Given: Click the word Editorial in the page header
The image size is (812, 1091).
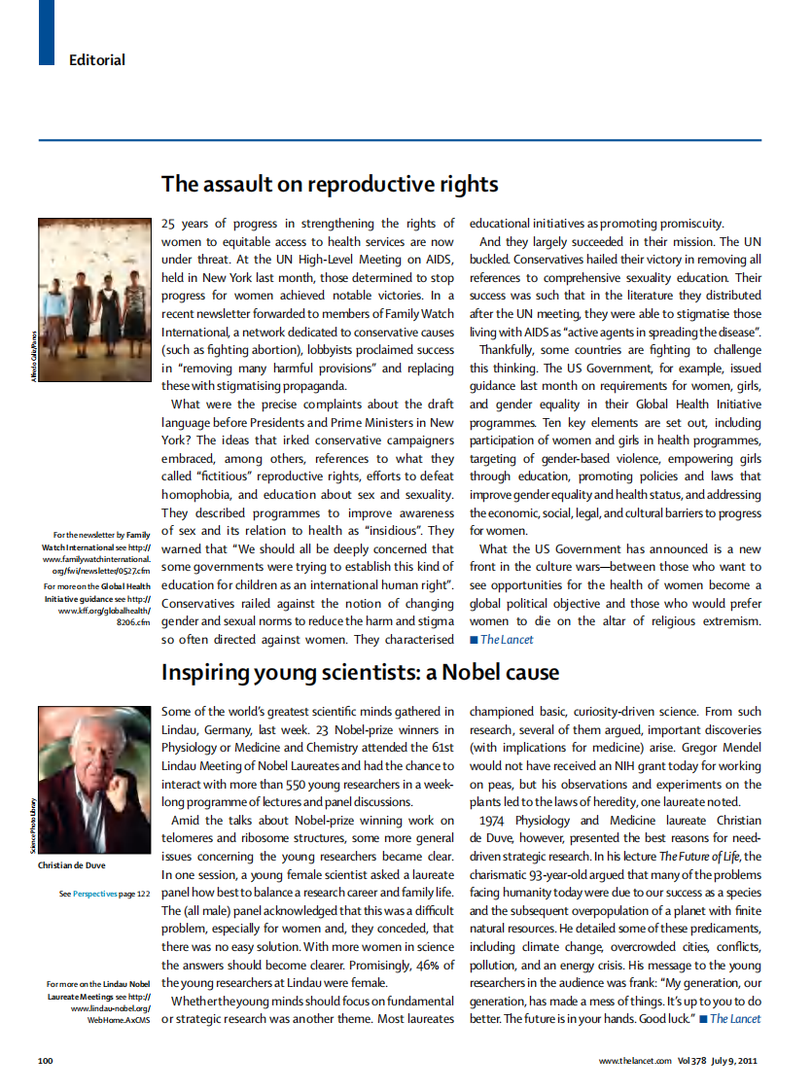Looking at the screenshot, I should (x=97, y=60).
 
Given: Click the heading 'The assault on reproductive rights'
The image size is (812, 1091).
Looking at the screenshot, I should (x=330, y=184).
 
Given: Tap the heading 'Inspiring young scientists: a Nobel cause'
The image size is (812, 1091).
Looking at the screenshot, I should (x=360, y=672).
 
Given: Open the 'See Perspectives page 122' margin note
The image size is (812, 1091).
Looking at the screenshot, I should (x=104, y=893).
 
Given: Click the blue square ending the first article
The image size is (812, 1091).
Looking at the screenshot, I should (x=474, y=640).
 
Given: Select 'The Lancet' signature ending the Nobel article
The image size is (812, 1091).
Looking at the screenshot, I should (x=734, y=1018).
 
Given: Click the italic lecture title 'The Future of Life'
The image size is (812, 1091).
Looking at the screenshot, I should (x=694, y=856).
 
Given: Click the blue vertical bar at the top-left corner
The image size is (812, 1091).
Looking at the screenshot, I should (x=47, y=31).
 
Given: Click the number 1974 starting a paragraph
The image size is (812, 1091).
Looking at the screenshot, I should (x=497, y=820).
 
